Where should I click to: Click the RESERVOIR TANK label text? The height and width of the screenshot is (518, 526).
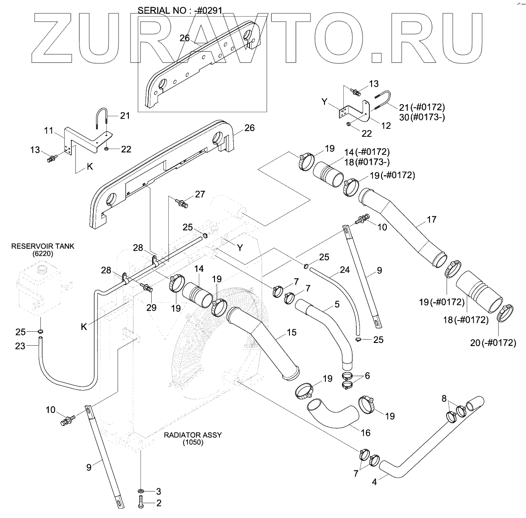[43, 246]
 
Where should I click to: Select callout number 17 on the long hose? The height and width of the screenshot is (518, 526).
[431, 219]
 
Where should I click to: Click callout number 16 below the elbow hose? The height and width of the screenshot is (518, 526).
[366, 433]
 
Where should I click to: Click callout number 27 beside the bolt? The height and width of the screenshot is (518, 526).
[200, 194]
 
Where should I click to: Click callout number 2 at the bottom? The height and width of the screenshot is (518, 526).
[158, 504]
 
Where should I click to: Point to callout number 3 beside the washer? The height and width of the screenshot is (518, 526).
[158, 491]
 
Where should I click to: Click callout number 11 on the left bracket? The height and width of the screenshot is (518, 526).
[49, 131]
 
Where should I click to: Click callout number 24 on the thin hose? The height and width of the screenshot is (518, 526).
[344, 270]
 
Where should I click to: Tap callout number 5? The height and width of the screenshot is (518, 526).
[337, 304]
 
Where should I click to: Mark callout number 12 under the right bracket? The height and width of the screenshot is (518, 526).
[386, 126]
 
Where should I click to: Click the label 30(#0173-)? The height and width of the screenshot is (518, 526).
[422, 118]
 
